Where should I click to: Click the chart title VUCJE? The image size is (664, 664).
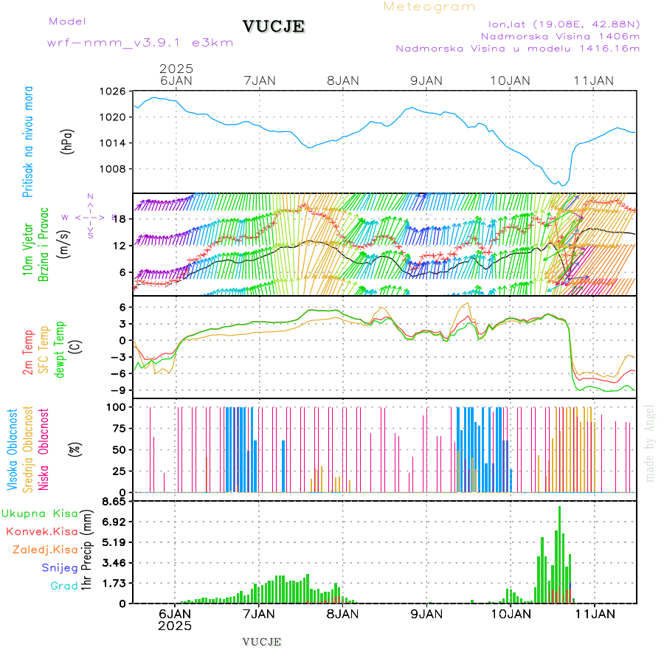point(274,27)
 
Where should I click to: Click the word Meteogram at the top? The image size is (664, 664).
point(429,7)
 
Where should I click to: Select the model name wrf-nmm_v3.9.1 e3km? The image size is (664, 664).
point(140,43)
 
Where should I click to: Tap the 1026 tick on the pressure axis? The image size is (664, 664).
point(114,91)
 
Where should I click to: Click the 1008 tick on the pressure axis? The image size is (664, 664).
point(114,168)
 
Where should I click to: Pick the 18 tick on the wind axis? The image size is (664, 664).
point(121,218)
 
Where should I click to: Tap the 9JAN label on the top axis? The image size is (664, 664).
point(426,80)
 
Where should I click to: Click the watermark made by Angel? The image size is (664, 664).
point(650,443)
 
